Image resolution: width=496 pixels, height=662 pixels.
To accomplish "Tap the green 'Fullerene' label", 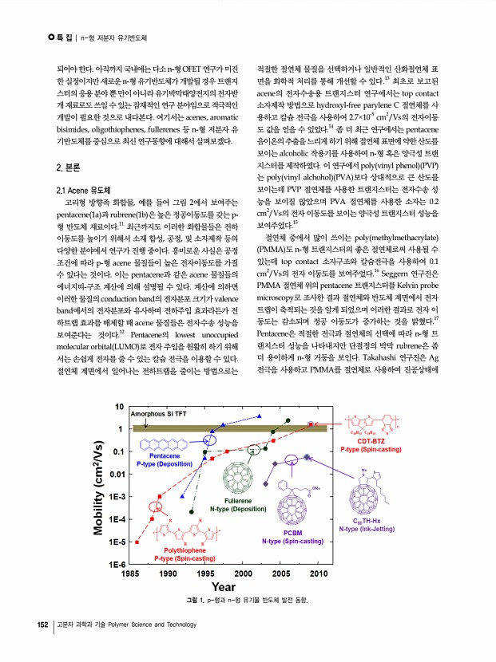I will click(237, 500).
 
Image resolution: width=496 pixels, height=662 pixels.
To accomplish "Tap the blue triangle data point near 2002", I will click(260, 417).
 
